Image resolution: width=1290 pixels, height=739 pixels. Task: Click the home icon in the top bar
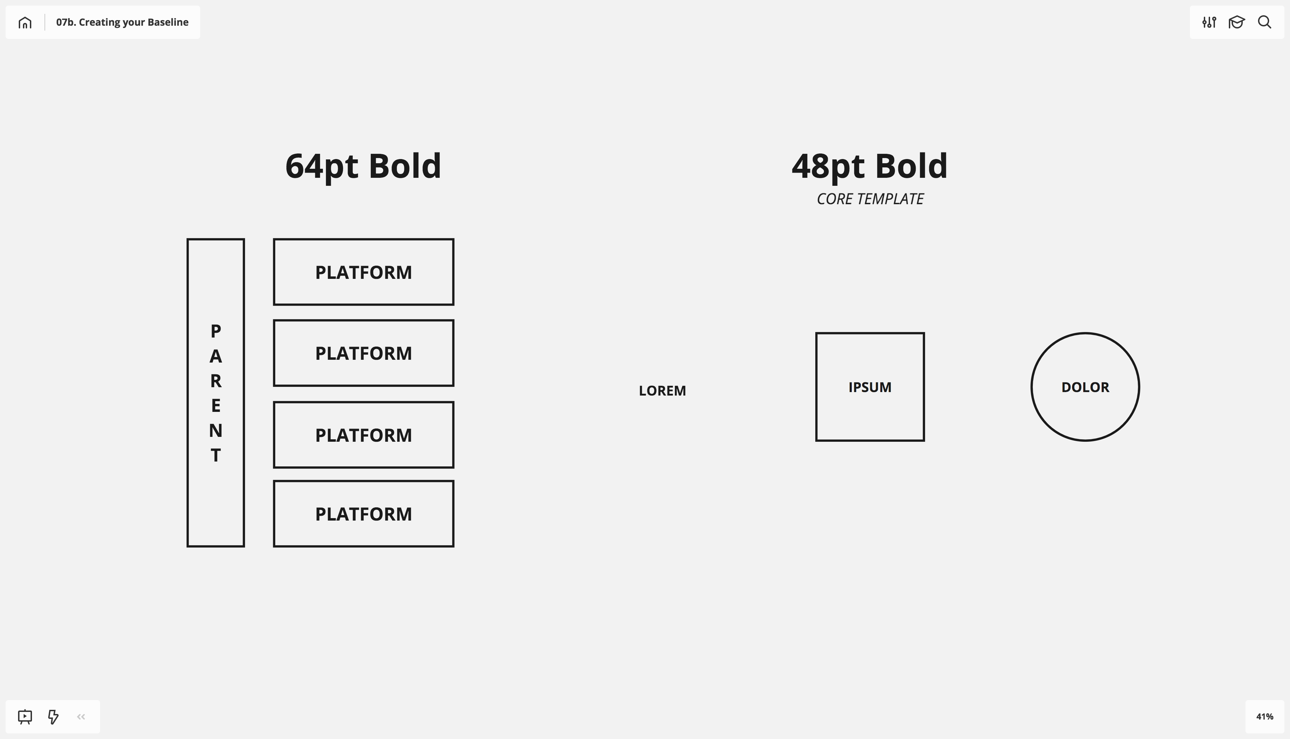(25, 22)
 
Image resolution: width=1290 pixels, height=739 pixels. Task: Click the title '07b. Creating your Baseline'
(122, 22)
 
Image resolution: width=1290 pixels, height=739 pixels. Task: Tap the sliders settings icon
(1209, 22)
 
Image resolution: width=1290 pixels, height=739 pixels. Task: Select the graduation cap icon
(1237, 22)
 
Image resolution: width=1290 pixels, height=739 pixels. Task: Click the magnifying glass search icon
(1265, 22)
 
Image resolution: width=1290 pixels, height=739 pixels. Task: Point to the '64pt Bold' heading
(363, 166)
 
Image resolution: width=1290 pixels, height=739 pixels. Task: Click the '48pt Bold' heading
(869, 166)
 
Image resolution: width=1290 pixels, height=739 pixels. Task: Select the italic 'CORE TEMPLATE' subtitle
(870, 199)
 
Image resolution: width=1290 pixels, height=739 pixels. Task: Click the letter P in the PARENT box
(216, 331)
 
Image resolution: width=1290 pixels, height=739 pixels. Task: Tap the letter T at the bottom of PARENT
(216, 455)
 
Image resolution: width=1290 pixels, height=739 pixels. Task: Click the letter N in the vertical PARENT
(216, 430)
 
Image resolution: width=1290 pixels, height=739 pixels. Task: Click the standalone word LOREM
(662, 391)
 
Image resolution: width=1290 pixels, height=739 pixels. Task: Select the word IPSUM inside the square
(870, 387)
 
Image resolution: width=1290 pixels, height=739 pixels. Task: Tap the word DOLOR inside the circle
(1085, 387)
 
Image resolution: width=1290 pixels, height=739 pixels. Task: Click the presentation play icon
(25, 717)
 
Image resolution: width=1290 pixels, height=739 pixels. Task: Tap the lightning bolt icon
(53, 717)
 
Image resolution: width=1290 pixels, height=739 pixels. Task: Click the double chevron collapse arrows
(81, 717)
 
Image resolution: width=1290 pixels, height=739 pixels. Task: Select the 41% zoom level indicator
(1265, 717)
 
